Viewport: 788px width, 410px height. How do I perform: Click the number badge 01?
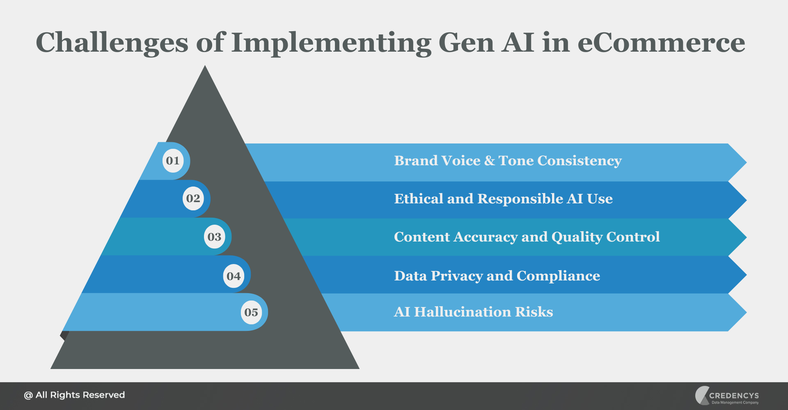[x=173, y=161]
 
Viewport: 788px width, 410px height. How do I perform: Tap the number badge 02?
[x=193, y=198]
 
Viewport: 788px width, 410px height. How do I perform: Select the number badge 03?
[x=214, y=237]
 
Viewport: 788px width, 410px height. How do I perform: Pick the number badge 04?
[x=234, y=276]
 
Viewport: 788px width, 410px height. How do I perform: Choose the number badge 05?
[x=251, y=312]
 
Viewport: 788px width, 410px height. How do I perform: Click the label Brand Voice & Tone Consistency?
[x=508, y=161]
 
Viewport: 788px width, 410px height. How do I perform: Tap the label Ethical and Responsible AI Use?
[x=503, y=199]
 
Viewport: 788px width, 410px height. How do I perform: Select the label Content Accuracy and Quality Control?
[x=527, y=237]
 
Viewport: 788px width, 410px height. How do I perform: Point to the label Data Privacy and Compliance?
[x=497, y=276]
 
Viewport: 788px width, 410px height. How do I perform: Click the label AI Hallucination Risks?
[x=473, y=312]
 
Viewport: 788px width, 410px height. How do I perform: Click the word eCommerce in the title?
[x=661, y=43]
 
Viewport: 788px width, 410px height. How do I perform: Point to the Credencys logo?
[x=727, y=396]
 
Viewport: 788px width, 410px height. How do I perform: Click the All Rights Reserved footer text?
[x=80, y=395]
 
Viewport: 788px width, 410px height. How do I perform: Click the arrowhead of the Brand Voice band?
[x=737, y=162]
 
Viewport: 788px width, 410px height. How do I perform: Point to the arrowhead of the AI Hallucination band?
[x=737, y=312]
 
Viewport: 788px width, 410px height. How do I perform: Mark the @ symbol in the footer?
[x=28, y=395]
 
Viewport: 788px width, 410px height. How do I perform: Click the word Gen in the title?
[x=466, y=43]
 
